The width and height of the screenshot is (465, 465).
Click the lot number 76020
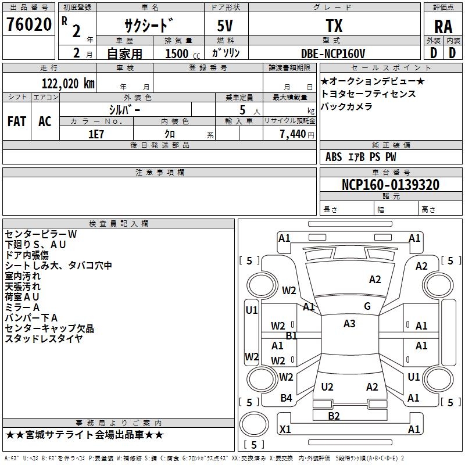pos(29,24)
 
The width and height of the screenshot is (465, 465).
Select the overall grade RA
pos(443,27)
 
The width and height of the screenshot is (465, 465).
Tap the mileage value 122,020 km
pos(68,84)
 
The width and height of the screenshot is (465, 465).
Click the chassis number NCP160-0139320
pos(391,185)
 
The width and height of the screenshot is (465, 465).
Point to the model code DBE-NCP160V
pos(333,53)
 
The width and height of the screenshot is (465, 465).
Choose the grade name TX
pos(334,26)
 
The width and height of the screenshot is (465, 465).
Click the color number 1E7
pos(96,134)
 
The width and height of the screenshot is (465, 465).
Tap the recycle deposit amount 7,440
pos(293,134)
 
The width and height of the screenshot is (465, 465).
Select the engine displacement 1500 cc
pos(183,53)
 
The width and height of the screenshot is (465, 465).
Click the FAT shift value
pos(17,121)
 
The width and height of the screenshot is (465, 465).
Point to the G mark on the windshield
pos(367,306)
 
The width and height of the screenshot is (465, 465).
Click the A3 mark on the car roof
pos(349,324)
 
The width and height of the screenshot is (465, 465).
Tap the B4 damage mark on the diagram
pos(286,398)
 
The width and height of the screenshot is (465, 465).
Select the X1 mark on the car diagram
pos(285,429)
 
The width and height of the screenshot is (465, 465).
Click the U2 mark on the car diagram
pos(327,387)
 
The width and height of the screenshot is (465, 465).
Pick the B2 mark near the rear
pos(334,416)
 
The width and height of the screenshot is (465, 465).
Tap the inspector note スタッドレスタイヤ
pos(44,338)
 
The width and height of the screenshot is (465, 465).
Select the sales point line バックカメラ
pos(346,106)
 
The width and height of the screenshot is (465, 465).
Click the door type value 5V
pos(225,26)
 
